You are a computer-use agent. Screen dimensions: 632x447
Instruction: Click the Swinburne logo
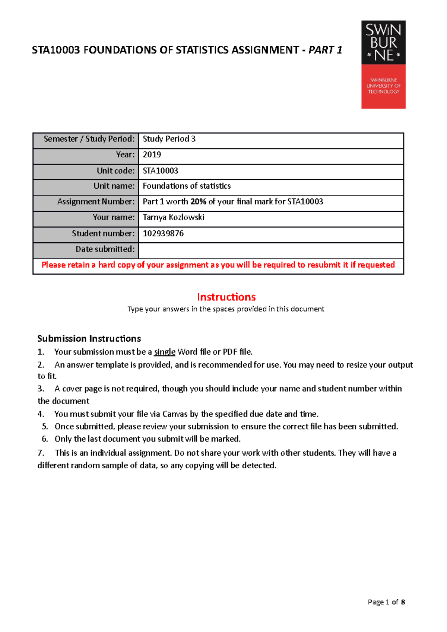[x=383, y=64]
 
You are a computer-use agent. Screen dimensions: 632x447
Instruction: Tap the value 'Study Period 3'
[x=169, y=139]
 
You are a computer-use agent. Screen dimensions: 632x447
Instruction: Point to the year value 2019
[x=152, y=154]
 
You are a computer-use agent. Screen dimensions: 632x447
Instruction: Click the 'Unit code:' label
[x=115, y=170]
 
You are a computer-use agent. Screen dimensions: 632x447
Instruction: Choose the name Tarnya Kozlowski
[x=174, y=217]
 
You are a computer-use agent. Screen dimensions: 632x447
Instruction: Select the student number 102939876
[x=163, y=233]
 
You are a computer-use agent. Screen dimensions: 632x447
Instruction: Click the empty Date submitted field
[x=271, y=249]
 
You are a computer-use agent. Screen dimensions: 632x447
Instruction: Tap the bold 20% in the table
[x=198, y=201]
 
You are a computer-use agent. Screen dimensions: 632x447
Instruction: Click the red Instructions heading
[x=226, y=297]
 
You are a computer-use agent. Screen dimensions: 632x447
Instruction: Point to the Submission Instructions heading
[x=89, y=338]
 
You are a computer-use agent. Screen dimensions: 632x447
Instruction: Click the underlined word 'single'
[x=165, y=352]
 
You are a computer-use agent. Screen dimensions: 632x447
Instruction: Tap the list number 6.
[x=45, y=439]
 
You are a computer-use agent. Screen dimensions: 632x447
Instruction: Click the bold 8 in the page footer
[x=403, y=602]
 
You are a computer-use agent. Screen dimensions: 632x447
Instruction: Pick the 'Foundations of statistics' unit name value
[x=187, y=186]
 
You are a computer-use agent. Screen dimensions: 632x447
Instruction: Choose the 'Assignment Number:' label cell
[x=96, y=201]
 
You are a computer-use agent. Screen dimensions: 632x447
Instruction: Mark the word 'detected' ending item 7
[x=259, y=465]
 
